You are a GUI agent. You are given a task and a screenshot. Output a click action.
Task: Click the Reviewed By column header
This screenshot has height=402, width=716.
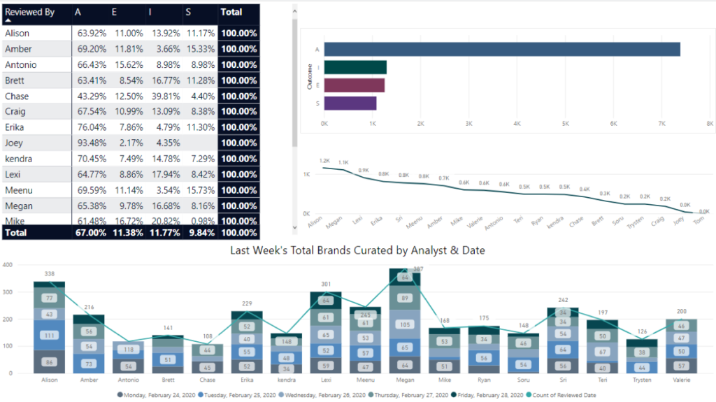(29, 12)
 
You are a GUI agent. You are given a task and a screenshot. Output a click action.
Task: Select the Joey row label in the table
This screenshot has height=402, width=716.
(14, 143)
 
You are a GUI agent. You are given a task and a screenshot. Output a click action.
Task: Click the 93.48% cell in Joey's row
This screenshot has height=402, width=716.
(92, 143)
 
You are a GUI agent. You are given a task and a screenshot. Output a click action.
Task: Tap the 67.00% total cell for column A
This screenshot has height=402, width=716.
(92, 232)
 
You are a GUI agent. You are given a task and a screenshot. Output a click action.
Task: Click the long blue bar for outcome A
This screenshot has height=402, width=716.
(502, 49)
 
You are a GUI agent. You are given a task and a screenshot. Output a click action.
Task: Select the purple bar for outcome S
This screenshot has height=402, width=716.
(350, 103)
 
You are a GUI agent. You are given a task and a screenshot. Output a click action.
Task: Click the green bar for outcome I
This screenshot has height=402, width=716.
(355, 67)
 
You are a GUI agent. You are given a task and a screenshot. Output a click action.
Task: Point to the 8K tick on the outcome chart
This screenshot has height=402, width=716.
(709, 123)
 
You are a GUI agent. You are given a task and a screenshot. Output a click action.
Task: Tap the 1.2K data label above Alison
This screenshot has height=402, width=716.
(324, 161)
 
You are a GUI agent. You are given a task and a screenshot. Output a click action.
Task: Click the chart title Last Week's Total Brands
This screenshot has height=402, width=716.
(357, 250)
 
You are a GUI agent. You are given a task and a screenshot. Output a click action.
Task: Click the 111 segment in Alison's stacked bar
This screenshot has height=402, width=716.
(50, 336)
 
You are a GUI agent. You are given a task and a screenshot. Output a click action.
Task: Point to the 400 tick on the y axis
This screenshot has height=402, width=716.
(8, 265)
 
